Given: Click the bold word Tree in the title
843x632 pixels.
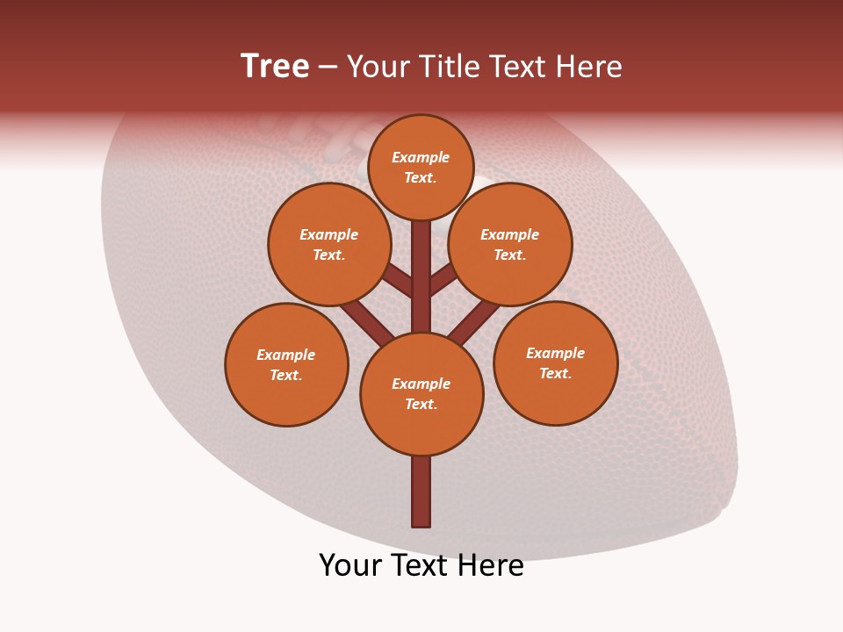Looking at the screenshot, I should pos(275,67).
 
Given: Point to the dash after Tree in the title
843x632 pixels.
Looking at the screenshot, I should pos(328,68).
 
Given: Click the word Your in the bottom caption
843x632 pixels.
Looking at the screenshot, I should pos(350,565).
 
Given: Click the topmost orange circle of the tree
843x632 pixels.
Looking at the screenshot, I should pos(421,167).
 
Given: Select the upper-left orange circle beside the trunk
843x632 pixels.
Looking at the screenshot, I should pos(329,244).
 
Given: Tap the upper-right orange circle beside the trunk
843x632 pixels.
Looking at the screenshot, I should pos(510,244).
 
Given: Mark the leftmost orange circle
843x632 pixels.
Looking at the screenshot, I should pos(286,364).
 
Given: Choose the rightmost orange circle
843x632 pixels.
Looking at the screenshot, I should pos(556,363).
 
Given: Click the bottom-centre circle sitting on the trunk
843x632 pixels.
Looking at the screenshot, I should pos(421,394).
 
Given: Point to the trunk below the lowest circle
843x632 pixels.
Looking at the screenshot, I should pos(421,492).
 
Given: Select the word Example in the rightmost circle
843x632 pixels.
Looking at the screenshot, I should pos(555,353).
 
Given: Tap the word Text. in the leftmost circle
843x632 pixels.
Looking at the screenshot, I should pos(285,375).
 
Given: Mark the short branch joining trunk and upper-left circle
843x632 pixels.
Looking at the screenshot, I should pos(398,280).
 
